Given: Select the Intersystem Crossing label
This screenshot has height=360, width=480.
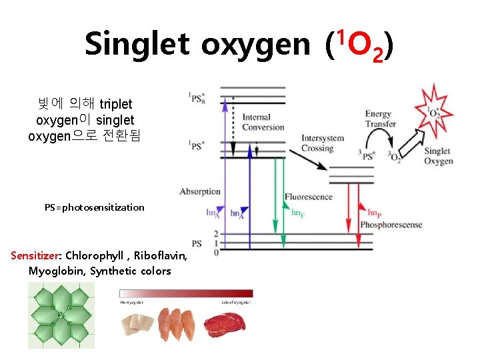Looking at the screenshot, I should click(x=322, y=143).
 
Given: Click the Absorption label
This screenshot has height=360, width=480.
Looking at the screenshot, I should click(x=200, y=192).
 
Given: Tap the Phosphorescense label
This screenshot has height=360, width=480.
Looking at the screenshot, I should click(x=391, y=225).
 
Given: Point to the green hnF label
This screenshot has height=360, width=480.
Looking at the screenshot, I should click(x=298, y=212).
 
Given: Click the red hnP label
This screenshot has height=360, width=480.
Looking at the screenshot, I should click(x=374, y=213).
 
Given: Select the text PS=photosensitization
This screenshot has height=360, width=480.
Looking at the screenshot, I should click(x=94, y=207).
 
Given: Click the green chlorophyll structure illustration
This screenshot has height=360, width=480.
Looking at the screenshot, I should click(x=61, y=315).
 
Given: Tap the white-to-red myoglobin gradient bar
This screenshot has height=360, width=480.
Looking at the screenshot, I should click(x=186, y=293).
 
